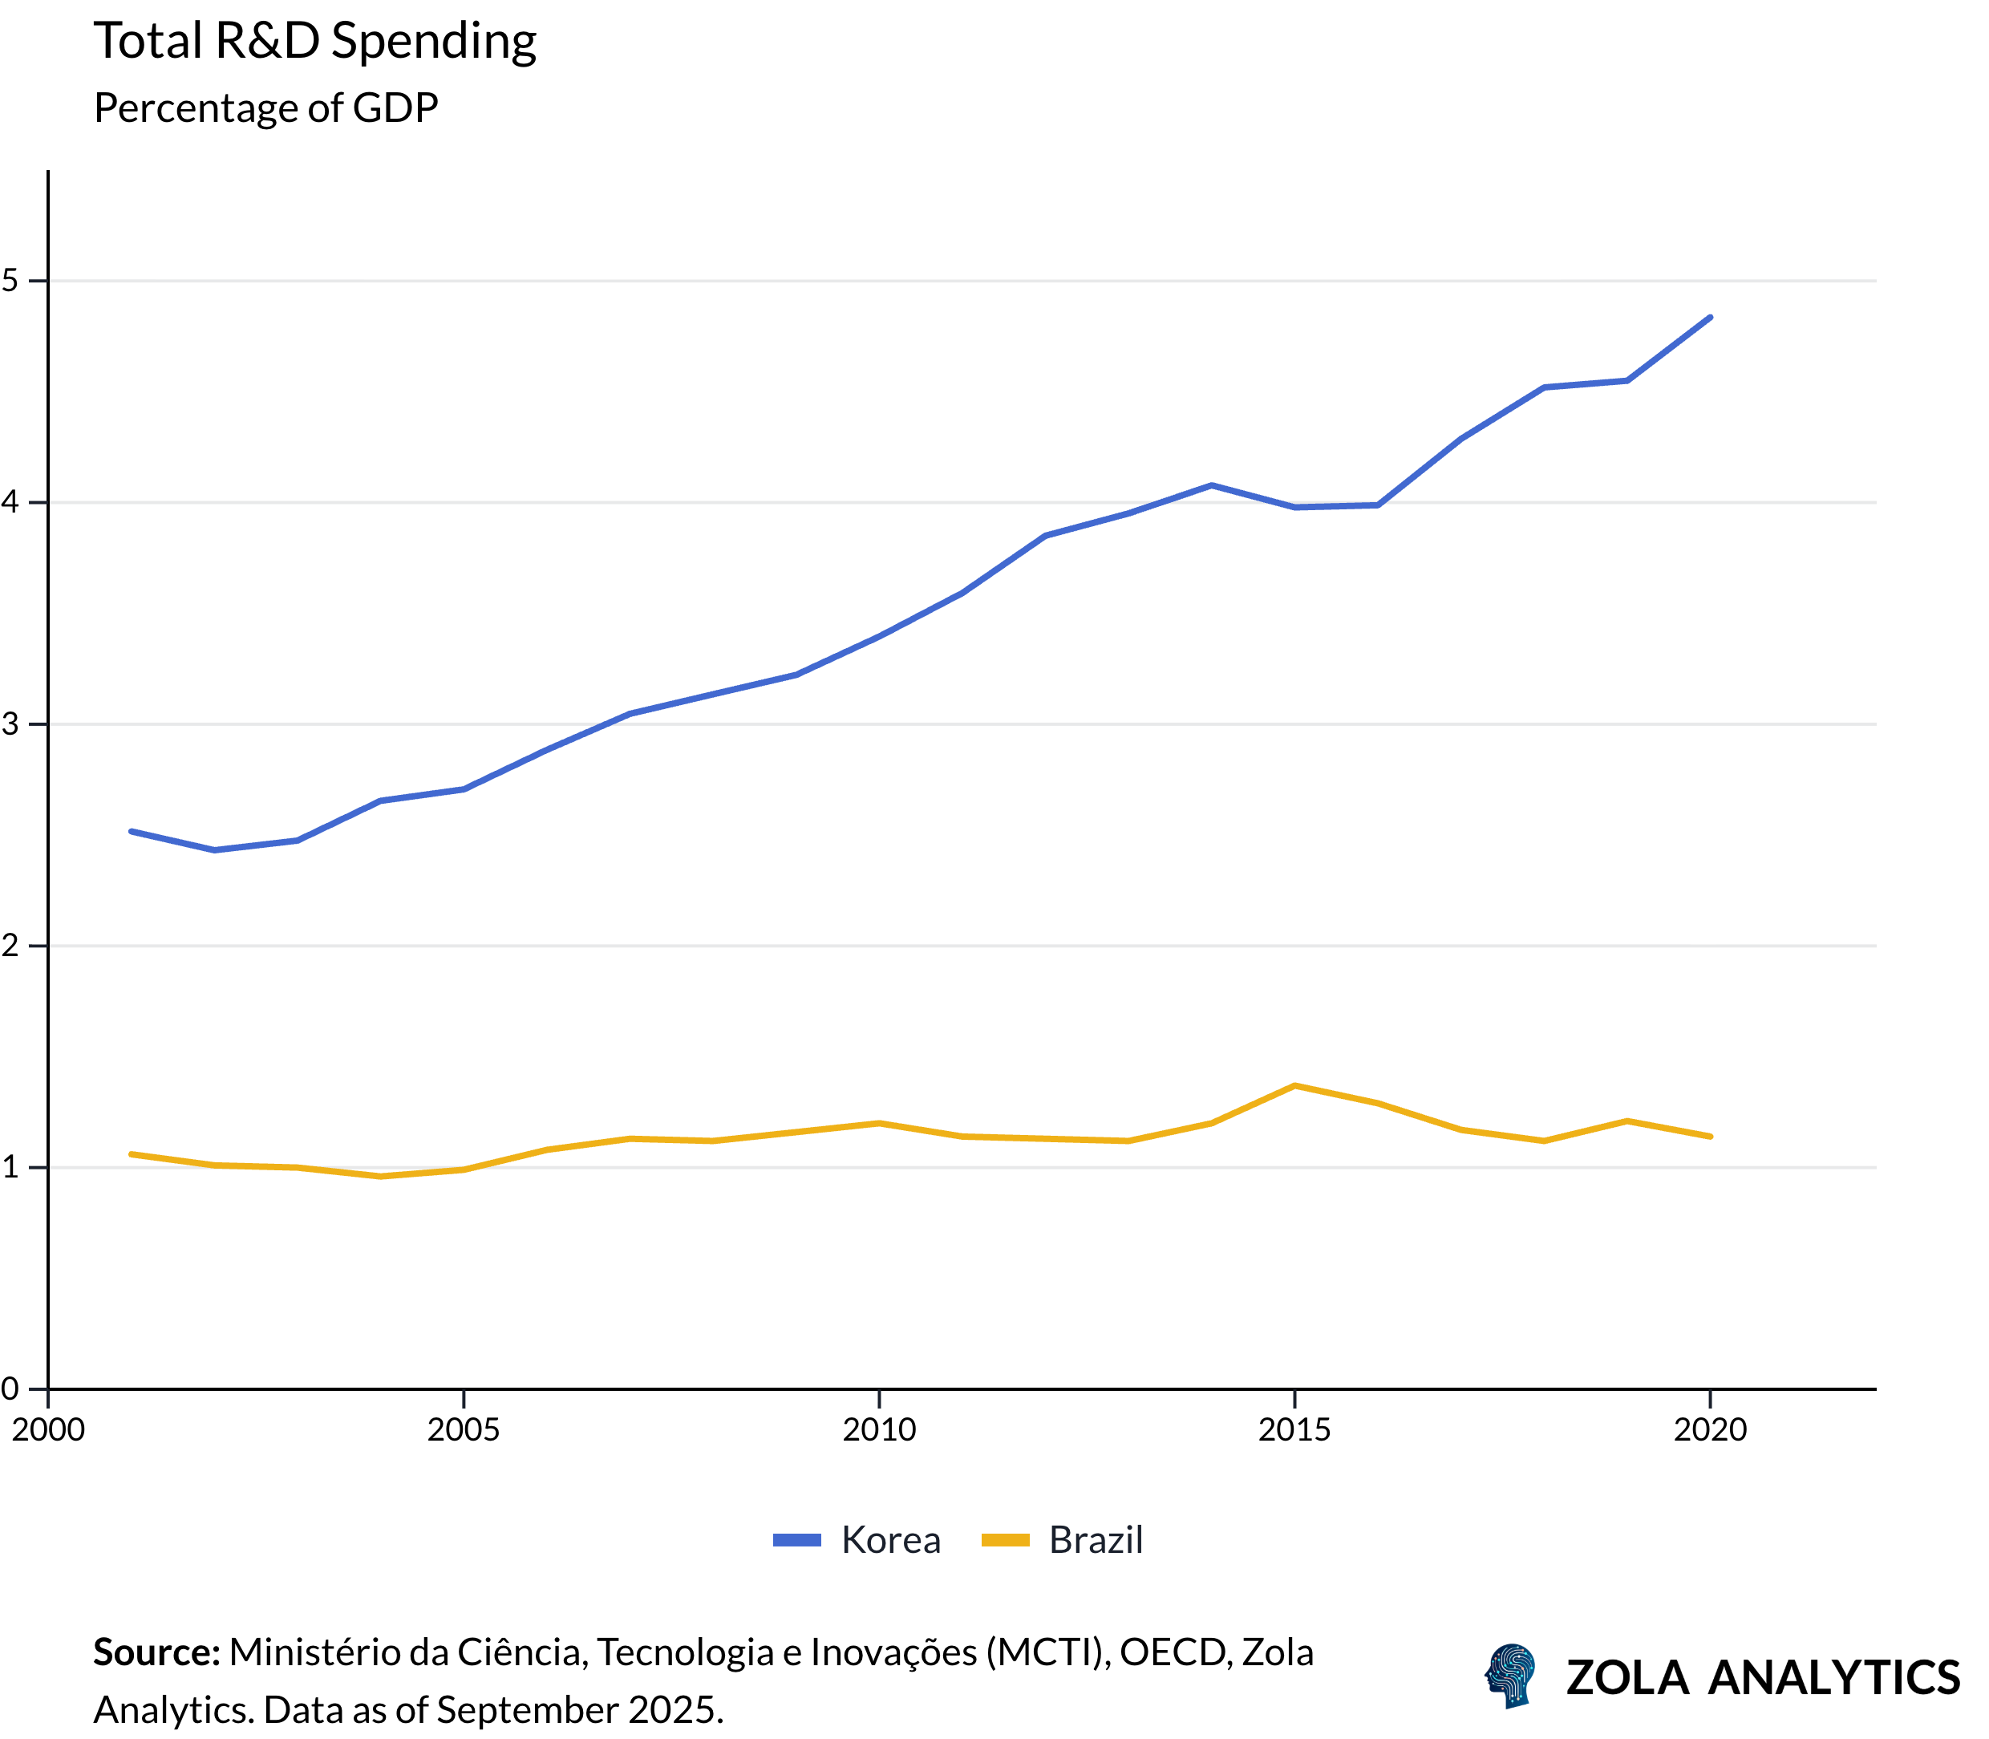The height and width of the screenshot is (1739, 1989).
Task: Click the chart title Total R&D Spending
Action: pyautogui.click(x=314, y=41)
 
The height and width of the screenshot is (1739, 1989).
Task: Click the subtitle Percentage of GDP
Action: pyautogui.click(x=265, y=107)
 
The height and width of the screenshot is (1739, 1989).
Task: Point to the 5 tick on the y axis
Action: pyautogui.click(x=10, y=281)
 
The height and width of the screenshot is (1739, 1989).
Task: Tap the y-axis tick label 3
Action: pyautogui.click(x=10, y=724)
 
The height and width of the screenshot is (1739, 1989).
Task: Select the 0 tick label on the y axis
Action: pyautogui.click(x=10, y=1388)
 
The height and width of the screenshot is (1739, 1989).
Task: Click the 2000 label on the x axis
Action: pyautogui.click(x=47, y=1429)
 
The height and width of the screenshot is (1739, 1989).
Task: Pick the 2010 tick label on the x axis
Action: pyautogui.click(x=878, y=1429)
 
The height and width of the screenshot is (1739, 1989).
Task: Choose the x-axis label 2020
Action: pyautogui.click(x=1710, y=1429)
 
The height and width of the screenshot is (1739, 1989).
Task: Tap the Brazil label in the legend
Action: pyautogui.click(x=1096, y=1540)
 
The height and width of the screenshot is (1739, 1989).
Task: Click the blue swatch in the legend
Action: pyautogui.click(x=796, y=1540)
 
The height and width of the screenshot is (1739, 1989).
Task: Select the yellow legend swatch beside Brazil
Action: pyautogui.click(x=1005, y=1540)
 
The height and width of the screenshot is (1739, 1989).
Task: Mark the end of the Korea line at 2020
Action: pyautogui.click(x=1710, y=318)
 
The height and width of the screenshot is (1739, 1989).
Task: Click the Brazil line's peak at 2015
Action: pyautogui.click(x=1294, y=1086)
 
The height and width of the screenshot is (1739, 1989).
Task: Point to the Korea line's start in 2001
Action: pyautogui.click(x=131, y=832)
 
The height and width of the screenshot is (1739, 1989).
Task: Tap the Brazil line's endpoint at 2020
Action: pyautogui.click(x=1710, y=1137)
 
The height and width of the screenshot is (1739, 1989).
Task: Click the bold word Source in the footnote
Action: pyautogui.click(x=156, y=1652)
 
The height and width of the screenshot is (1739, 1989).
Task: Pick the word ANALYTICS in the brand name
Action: pyautogui.click(x=1833, y=1678)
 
